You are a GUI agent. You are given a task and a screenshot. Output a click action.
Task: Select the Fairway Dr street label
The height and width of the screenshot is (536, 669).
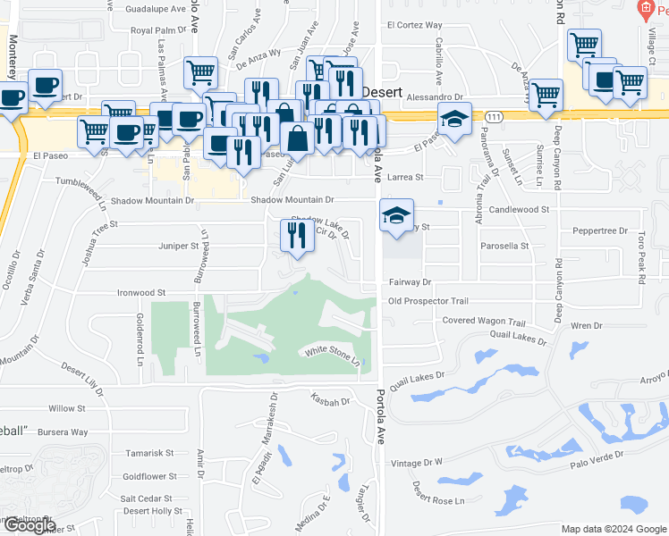(x=411, y=281)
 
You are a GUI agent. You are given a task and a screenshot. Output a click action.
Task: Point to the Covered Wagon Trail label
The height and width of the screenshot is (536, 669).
(x=483, y=321)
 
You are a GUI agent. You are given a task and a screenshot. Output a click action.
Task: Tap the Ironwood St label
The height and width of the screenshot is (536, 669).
(x=142, y=292)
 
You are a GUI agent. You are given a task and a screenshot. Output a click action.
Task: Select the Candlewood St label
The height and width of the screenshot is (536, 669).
(x=519, y=209)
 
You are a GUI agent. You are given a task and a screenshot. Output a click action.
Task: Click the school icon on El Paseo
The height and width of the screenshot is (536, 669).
(x=454, y=118)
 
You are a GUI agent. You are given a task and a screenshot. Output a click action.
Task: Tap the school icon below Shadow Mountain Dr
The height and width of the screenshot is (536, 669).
(x=396, y=214)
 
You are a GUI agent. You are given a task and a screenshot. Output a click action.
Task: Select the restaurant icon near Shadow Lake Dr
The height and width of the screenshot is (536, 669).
(x=298, y=235)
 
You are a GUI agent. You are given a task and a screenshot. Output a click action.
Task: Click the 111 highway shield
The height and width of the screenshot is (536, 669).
(x=494, y=115)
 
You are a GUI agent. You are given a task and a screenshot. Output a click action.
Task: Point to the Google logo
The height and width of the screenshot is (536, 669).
(x=28, y=525)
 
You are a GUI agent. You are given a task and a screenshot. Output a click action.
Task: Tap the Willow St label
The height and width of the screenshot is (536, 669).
(x=66, y=408)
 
